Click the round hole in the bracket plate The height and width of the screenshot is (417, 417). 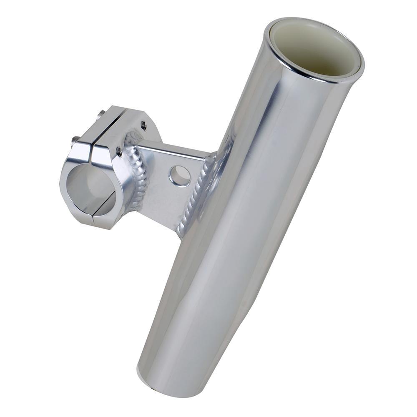click(x=180, y=176)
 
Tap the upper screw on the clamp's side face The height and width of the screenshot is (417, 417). click(x=143, y=124)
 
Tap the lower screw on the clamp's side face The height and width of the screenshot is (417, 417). click(x=119, y=151)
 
